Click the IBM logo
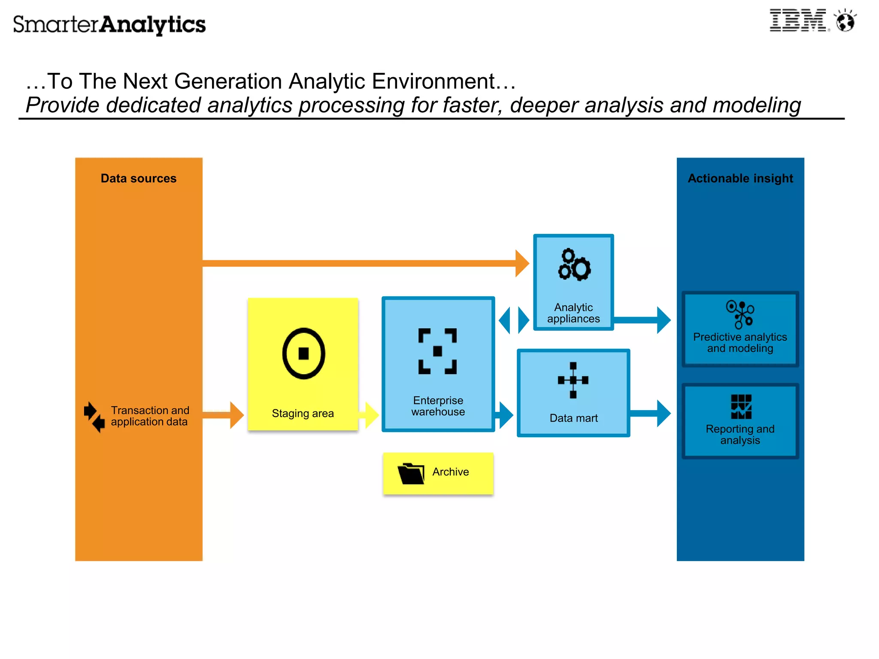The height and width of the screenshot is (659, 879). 797,21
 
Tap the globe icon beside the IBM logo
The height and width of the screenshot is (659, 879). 845,21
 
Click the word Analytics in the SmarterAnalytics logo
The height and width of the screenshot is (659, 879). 153,25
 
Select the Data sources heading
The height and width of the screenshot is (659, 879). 138,178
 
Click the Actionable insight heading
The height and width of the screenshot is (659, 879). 740,178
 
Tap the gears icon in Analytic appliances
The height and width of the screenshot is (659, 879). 574,265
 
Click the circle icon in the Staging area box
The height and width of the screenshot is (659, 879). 303,354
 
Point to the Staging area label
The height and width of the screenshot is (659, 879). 303,414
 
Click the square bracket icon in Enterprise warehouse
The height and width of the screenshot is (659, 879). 437,351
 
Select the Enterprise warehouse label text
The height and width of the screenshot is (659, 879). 438,406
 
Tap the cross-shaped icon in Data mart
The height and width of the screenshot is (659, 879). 573,380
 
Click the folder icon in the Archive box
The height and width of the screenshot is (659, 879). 411,474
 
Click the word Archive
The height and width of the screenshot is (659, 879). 450,472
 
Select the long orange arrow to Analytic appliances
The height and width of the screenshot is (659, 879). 365,263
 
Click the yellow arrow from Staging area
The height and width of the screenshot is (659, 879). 370,415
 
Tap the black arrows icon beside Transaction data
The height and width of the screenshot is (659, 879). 94,417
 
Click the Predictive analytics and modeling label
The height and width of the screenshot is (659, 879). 740,343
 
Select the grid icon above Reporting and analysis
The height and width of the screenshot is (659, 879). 741,407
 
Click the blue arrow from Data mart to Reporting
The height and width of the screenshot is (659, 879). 650,414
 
